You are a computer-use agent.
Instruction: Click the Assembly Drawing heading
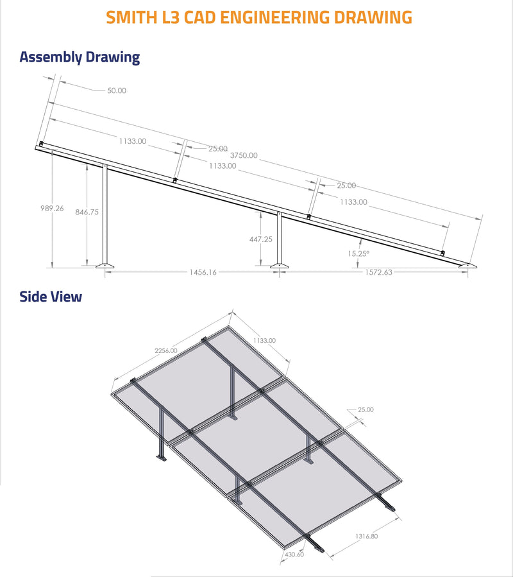click(x=80, y=57)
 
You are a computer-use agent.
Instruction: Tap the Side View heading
click(x=51, y=297)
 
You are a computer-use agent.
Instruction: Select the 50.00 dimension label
click(x=117, y=90)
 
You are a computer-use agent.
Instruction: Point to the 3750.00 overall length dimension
click(x=244, y=155)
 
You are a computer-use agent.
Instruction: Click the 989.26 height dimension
click(x=51, y=208)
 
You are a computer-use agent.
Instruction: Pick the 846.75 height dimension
click(x=87, y=212)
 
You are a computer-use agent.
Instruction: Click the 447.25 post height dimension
click(x=261, y=239)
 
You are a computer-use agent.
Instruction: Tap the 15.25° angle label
click(x=358, y=254)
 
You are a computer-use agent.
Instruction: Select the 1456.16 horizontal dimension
click(x=203, y=272)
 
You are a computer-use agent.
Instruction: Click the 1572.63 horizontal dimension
click(x=378, y=272)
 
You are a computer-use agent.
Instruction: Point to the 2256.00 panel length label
click(x=165, y=350)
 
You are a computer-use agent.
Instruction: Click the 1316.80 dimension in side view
click(x=365, y=536)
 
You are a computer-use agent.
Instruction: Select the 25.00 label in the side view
click(x=366, y=409)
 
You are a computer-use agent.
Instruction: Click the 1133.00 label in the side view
click(x=264, y=340)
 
